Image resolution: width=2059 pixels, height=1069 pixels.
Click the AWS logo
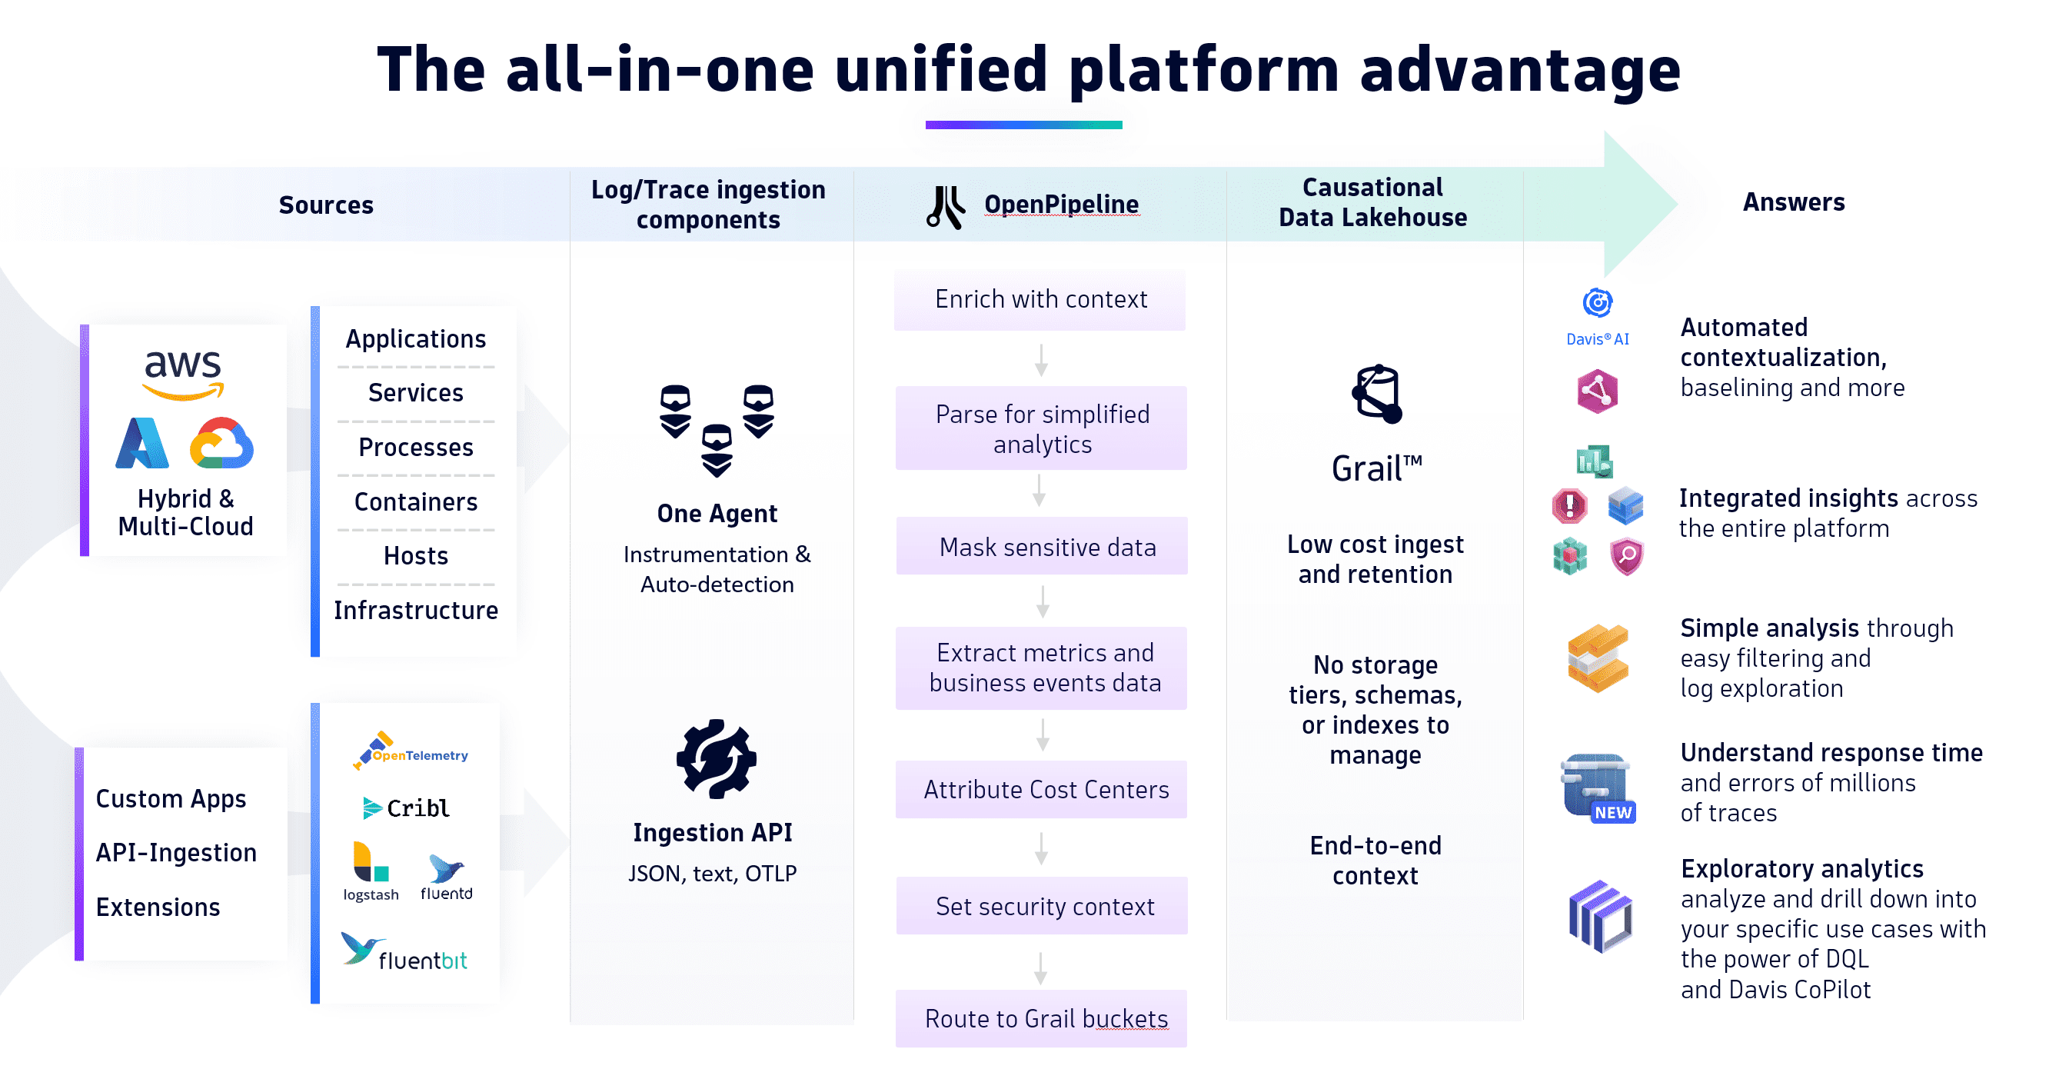coord(183,374)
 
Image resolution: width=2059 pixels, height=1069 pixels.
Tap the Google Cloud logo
coord(221,443)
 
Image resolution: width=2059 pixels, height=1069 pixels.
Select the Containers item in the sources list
coord(416,501)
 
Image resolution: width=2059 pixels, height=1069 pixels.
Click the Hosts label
coord(416,556)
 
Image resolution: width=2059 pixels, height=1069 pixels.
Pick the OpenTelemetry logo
coord(411,751)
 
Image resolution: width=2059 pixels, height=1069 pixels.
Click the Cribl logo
coord(407,808)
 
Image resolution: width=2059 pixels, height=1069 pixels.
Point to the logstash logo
coord(371,871)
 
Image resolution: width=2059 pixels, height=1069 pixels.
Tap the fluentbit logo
coord(405,952)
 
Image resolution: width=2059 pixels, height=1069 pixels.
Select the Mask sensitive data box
coord(1042,547)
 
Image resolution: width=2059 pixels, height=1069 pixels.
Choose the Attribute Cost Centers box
coord(1042,789)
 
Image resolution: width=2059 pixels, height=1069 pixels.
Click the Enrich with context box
coord(1040,299)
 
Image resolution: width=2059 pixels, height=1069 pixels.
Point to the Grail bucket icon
coord(1376,394)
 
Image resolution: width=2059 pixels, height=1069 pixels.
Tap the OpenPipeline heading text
coord(1061,205)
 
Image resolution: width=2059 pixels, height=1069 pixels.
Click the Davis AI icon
coord(1597,304)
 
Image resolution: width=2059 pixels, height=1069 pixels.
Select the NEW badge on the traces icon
coord(1613,812)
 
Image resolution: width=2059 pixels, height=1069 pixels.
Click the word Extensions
coord(158,907)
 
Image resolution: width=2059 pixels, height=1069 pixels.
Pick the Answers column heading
coord(1794,202)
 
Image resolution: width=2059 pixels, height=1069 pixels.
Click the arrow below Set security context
coord(1040,967)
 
